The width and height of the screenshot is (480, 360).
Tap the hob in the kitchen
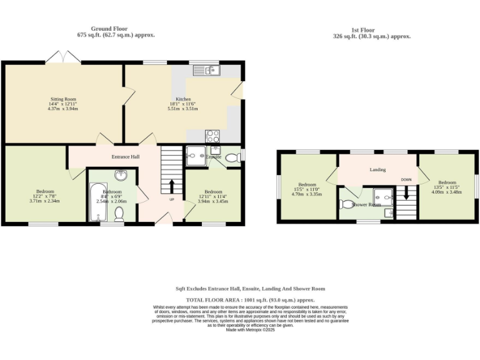(212, 135)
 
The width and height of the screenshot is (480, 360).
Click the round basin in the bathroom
(121, 176)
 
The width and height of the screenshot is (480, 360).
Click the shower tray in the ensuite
(193, 156)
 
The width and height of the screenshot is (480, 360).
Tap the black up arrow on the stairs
(172, 186)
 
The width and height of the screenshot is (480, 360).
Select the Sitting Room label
(63, 99)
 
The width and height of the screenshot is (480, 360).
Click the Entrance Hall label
(125, 156)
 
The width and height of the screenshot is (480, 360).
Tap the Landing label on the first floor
(377, 169)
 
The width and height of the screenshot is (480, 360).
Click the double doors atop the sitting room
(63, 57)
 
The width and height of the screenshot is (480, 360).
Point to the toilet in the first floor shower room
(347, 204)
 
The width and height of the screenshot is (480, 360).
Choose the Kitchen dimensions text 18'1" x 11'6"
(182, 104)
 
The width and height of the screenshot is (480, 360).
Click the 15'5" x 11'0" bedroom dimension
(307, 189)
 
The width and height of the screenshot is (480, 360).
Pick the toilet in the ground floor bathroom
(120, 214)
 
